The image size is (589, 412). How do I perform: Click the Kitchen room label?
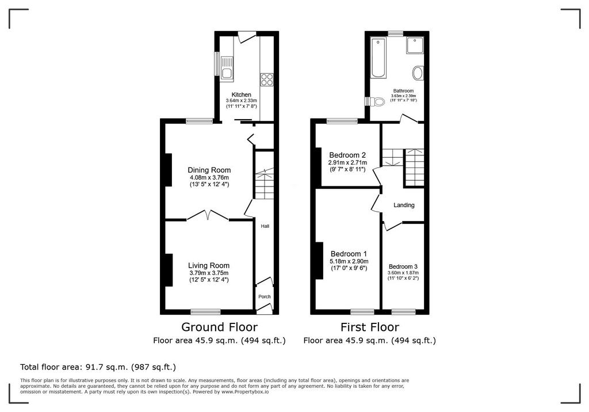point(241,95)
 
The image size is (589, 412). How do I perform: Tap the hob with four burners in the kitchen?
point(267,79)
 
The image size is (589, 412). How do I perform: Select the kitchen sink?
point(227,68)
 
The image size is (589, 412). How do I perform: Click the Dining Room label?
point(209,170)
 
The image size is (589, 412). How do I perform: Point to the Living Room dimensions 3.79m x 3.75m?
point(209,273)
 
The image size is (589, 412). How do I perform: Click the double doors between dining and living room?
point(208,215)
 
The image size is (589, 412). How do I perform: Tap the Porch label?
point(265,296)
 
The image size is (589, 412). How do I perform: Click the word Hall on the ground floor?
point(265,226)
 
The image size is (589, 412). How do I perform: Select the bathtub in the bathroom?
point(378,58)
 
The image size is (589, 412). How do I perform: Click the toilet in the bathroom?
point(376,101)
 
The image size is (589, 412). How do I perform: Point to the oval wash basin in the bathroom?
point(418,73)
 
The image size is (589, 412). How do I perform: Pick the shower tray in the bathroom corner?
point(414,45)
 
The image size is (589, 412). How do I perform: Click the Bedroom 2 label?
point(347,155)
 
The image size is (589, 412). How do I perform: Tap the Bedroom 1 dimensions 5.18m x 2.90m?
point(349,261)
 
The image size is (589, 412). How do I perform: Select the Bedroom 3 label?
point(403,267)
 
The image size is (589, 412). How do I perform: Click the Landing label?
point(404,205)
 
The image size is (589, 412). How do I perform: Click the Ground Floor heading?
point(219,327)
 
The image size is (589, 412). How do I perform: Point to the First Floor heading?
point(370,327)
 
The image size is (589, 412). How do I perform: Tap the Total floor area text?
point(98,367)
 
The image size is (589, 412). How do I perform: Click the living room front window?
point(205,312)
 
